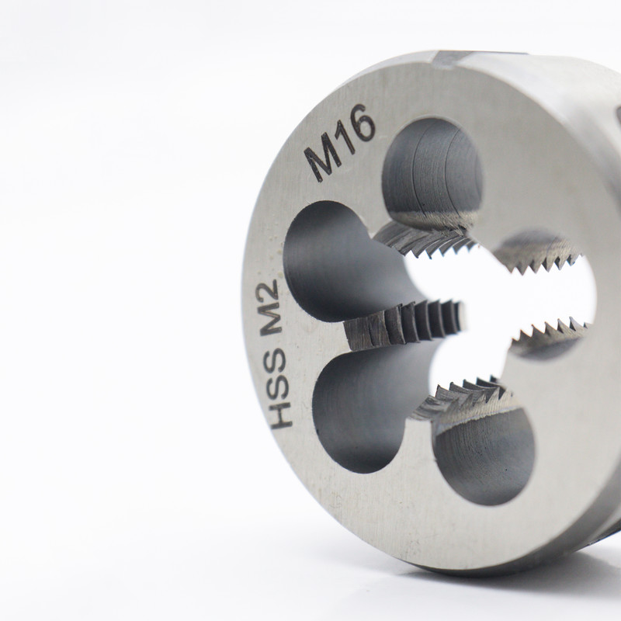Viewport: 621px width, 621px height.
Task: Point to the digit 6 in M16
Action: pyautogui.click(x=362, y=123)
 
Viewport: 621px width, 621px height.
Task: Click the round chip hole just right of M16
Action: pyautogui.click(x=432, y=171)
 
